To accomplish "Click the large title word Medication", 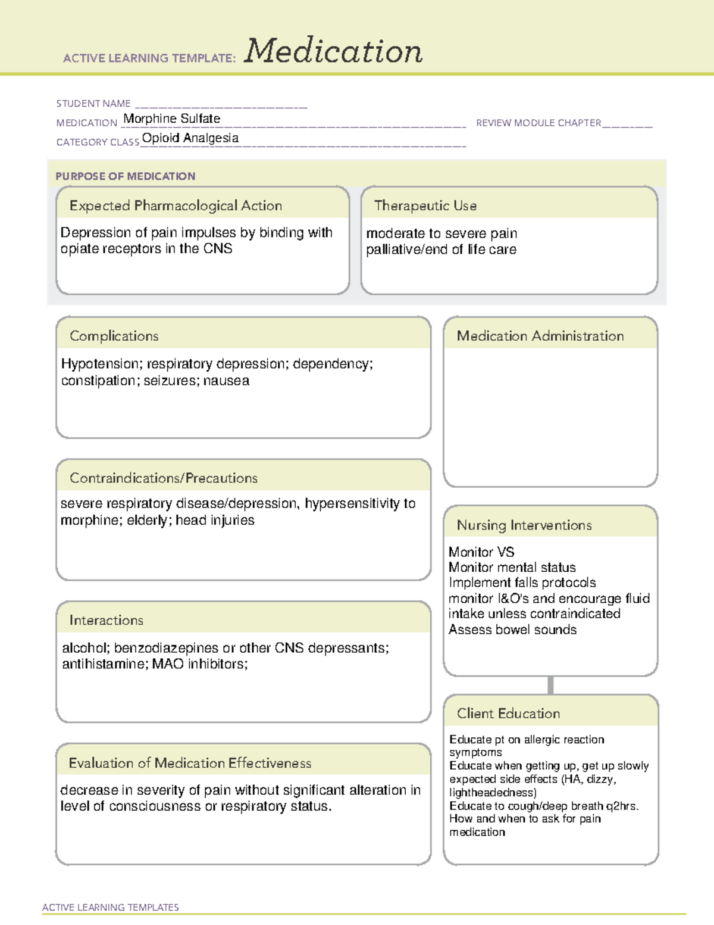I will [333, 51].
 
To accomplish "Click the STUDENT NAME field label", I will [93, 104].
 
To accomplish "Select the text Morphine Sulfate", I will [171, 119].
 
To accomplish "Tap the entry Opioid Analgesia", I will [190, 138].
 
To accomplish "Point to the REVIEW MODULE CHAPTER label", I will [538, 123].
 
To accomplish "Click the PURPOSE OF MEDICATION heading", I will [125, 176].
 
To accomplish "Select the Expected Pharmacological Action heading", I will [176, 205].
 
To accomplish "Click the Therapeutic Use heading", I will [425, 205].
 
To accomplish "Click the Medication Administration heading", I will [540, 336].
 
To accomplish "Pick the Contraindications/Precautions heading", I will [164, 478].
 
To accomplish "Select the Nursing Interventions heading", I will [524, 525].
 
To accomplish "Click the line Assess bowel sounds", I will [512, 630].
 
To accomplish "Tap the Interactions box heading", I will [106, 621].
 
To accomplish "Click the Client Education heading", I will [508, 714].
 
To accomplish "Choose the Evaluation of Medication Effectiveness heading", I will [190, 764].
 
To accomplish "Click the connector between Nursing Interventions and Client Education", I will [550, 685].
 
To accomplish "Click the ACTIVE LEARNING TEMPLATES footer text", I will [111, 907].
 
